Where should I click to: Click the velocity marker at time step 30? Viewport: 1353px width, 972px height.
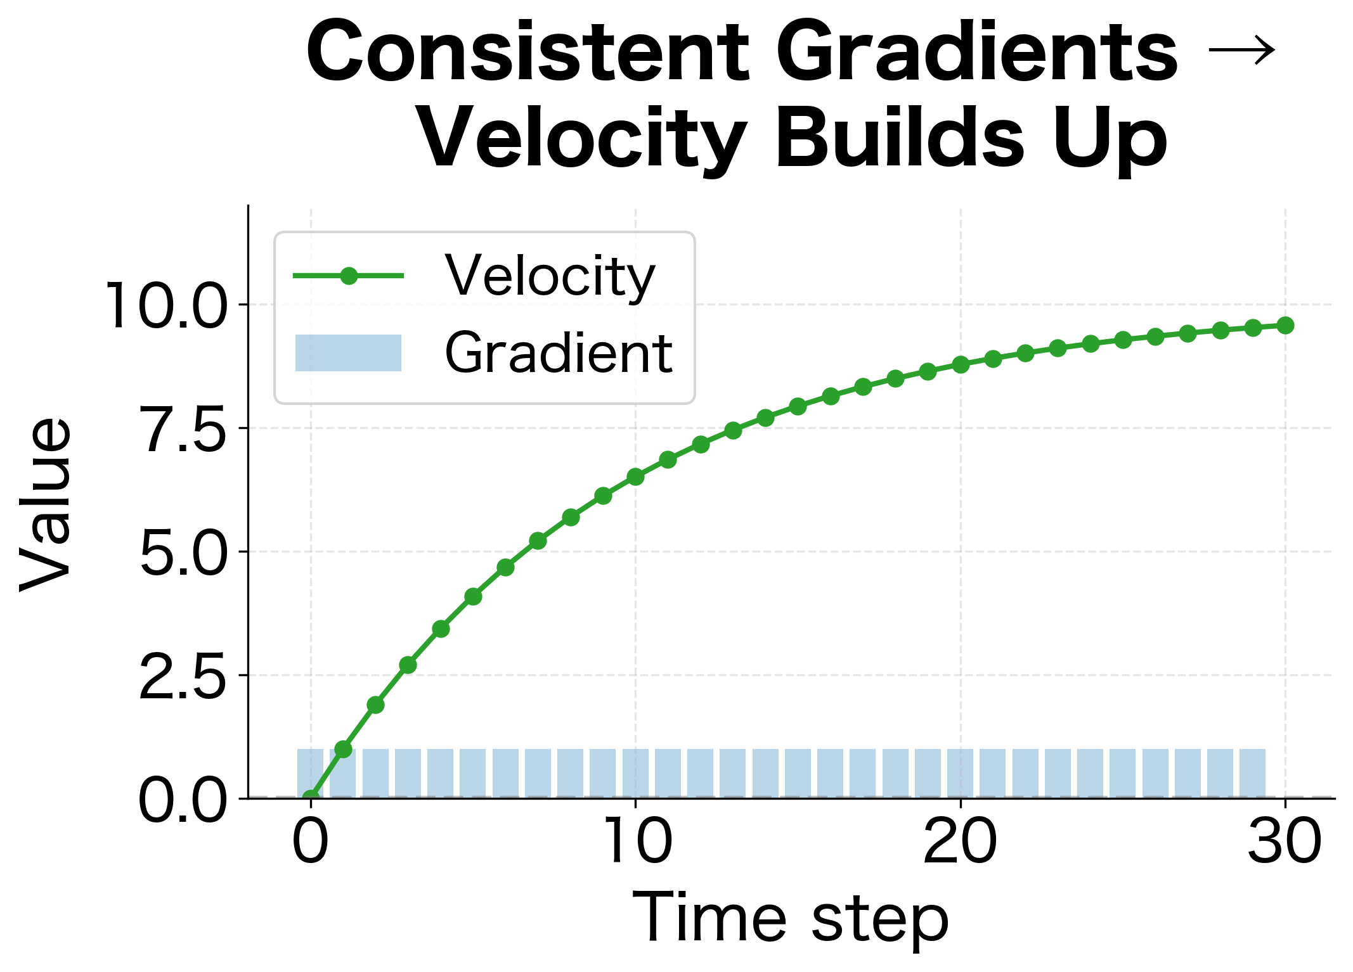pos(1285,325)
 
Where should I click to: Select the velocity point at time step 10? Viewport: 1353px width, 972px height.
pos(635,476)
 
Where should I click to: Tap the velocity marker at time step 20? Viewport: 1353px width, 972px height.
pos(961,364)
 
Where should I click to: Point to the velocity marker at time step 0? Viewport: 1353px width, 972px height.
pos(311,798)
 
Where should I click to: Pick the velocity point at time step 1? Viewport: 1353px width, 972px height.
pos(343,750)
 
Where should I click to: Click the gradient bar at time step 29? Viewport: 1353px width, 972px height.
pos(1253,773)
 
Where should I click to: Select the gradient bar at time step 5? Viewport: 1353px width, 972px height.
pos(473,773)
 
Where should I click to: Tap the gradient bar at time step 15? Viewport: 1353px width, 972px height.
pos(798,773)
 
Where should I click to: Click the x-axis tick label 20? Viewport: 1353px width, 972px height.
pos(960,842)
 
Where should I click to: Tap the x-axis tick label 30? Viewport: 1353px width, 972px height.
pos(1285,842)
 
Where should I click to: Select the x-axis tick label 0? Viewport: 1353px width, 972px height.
pos(311,842)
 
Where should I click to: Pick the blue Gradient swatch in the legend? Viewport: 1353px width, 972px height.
pos(348,353)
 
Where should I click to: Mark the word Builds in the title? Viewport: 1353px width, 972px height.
pos(900,137)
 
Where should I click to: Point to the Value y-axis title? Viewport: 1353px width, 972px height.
pos(46,504)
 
